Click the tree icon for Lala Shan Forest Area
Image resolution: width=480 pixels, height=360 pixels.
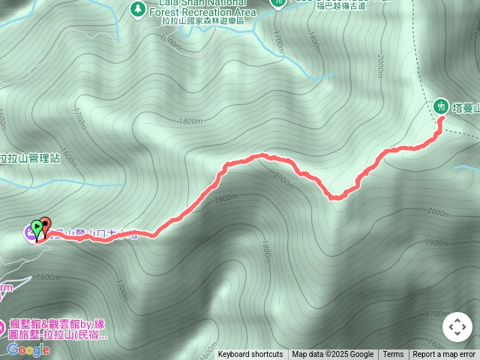coord(137,9)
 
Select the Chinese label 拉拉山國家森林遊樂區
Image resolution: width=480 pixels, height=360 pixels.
coord(202,21)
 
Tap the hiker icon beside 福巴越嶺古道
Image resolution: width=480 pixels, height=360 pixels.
coord(277,3)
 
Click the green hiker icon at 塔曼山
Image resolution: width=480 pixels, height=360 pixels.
coord(442,106)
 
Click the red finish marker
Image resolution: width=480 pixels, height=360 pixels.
coord(45,226)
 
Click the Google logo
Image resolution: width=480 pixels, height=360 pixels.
coord(28,349)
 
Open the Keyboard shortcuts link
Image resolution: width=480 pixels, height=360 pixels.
coord(250,355)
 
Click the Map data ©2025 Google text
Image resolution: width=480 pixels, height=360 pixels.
coord(332,355)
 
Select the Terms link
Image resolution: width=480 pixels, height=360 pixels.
coord(393,355)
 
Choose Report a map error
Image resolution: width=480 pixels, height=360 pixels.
coord(444,355)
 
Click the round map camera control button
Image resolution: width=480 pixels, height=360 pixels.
coord(457,327)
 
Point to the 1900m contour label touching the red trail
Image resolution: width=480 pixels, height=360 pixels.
coord(224,199)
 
